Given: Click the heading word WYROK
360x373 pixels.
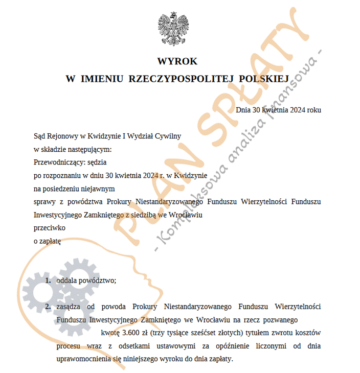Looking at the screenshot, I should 177,61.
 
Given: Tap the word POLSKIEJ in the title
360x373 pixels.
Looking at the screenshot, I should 264,78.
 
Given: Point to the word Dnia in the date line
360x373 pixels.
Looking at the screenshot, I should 243,109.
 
